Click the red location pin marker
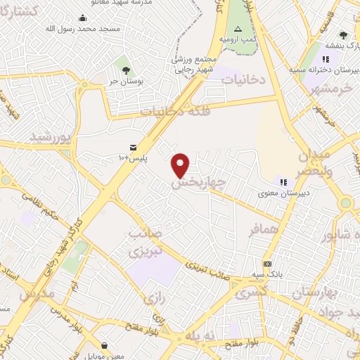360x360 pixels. tap(181, 165)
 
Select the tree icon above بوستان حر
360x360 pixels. tap(126, 70)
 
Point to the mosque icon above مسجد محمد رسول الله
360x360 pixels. tap(83, 18)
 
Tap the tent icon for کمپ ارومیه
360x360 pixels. tap(238, 29)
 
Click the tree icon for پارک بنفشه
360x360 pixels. tap(343, 35)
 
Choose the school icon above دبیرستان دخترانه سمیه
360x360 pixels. tap(325, 60)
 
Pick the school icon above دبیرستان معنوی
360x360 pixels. tap(283, 182)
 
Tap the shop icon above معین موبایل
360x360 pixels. tap(105, 345)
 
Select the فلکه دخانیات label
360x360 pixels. tap(172, 110)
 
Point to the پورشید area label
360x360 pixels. tap(51, 137)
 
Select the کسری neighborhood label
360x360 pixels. tap(252, 290)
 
